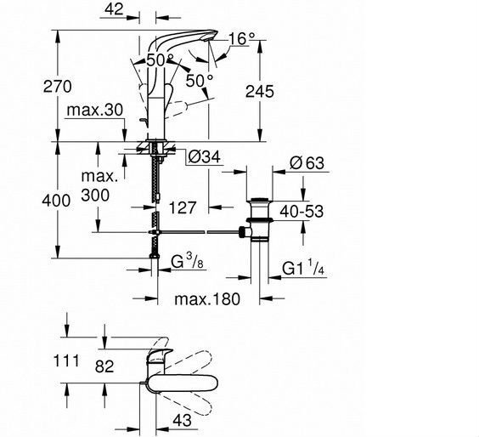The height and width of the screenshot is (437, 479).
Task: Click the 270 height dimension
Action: (x=58, y=86)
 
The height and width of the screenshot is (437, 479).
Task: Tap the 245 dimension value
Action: (x=260, y=92)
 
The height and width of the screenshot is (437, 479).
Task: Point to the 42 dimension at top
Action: (x=114, y=9)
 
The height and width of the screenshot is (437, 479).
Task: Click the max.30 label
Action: (x=95, y=110)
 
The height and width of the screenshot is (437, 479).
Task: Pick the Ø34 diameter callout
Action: (x=204, y=157)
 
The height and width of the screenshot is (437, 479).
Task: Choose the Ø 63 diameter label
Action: (x=307, y=163)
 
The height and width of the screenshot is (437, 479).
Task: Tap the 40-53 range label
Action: (x=301, y=212)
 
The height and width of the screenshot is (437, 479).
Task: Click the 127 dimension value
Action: (x=183, y=207)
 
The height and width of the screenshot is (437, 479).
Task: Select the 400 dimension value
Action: (x=56, y=201)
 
